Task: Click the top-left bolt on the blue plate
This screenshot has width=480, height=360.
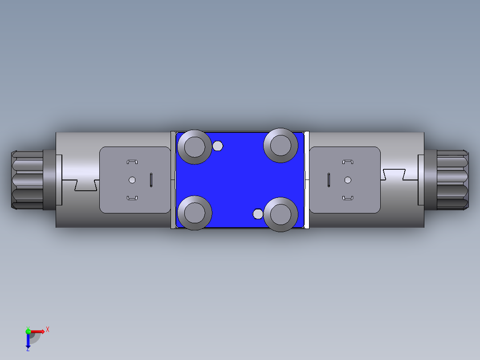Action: click(194, 147)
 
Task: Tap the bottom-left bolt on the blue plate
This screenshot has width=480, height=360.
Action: click(194, 213)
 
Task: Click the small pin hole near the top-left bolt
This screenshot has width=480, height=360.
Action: click(218, 146)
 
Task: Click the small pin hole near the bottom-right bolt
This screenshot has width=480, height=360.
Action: click(258, 214)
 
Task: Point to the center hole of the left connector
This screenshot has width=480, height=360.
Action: click(132, 180)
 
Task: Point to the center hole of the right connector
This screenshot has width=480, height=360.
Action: click(348, 180)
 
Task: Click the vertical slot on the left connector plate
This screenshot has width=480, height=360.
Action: click(151, 180)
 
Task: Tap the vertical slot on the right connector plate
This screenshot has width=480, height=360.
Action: click(329, 180)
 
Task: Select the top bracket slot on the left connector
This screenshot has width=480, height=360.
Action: click(132, 162)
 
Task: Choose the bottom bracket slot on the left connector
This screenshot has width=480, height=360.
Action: click(132, 198)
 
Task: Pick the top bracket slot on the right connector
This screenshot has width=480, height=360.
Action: click(348, 162)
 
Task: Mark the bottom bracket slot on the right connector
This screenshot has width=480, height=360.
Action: click(348, 198)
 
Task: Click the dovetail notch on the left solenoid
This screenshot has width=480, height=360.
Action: click(86, 185)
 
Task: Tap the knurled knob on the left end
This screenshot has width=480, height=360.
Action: click(27, 180)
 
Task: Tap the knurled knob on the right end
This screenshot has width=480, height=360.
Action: click(452, 180)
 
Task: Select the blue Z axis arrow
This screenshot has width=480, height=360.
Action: click(28, 341)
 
